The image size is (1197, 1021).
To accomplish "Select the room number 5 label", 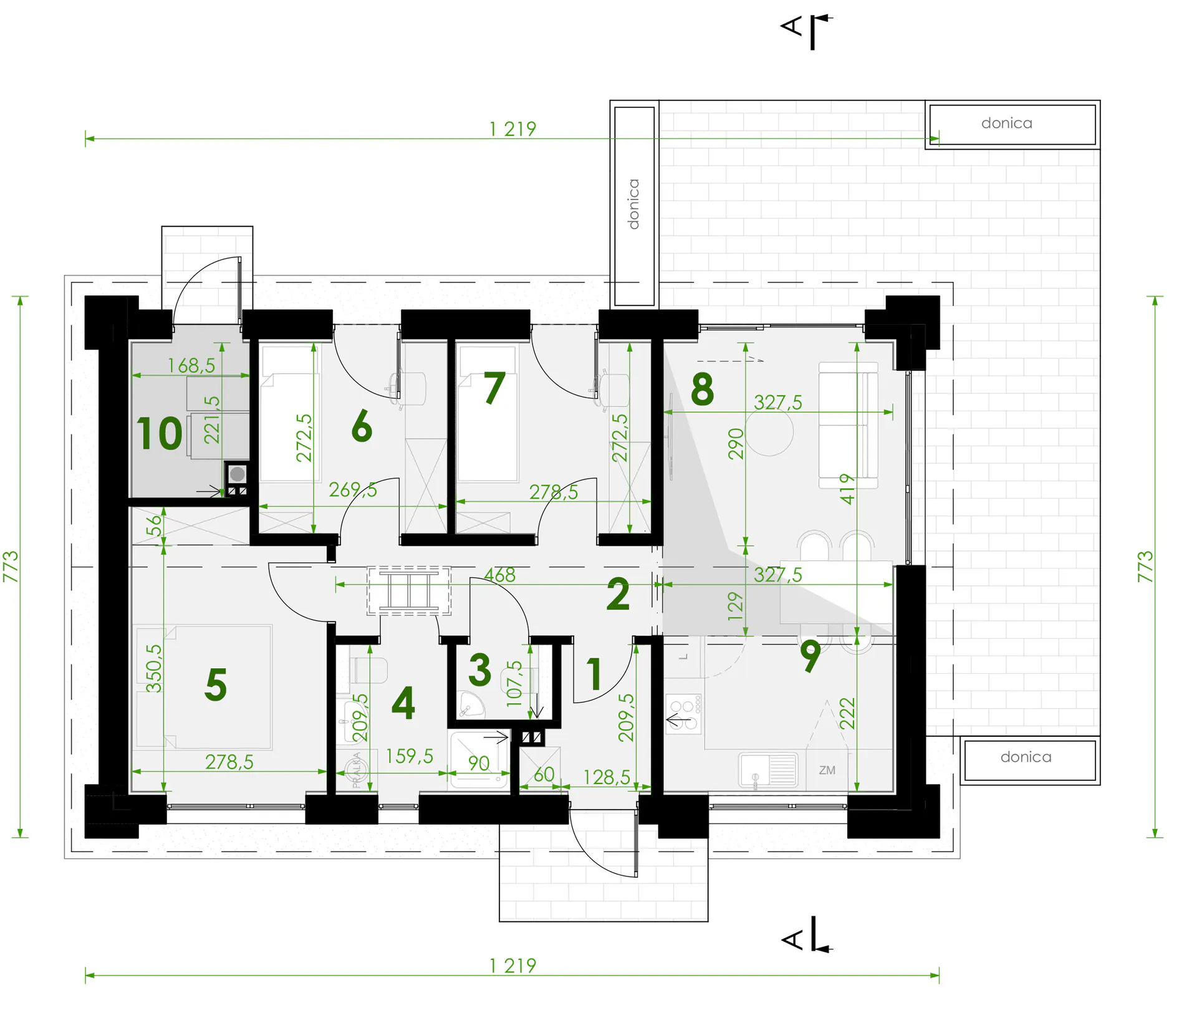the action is click(x=216, y=684).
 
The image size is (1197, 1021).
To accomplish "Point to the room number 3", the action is click(x=479, y=670).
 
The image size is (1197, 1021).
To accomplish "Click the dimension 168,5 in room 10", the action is click(x=191, y=365).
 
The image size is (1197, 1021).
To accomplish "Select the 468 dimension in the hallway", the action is click(x=500, y=575).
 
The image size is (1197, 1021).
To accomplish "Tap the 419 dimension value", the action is click(x=847, y=489).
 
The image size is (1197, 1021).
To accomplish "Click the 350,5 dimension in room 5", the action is click(x=153, y=668).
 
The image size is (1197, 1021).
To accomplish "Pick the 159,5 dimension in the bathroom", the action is click(x=409, y=756).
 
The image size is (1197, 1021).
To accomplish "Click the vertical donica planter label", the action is click(x=633, y=204).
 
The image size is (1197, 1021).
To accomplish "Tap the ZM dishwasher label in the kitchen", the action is click(x=827, y=770).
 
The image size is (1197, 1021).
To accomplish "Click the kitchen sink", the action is click(x=768, y=770).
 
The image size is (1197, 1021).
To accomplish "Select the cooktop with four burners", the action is click(x=684, y=714).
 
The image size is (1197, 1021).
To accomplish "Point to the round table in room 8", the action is click(x=769, y=433).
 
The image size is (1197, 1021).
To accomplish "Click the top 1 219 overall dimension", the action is click(x=512, y=129).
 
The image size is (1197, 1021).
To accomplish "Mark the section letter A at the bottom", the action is click(x=792, y=939).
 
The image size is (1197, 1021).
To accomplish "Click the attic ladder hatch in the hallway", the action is click(x=409, y=590).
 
